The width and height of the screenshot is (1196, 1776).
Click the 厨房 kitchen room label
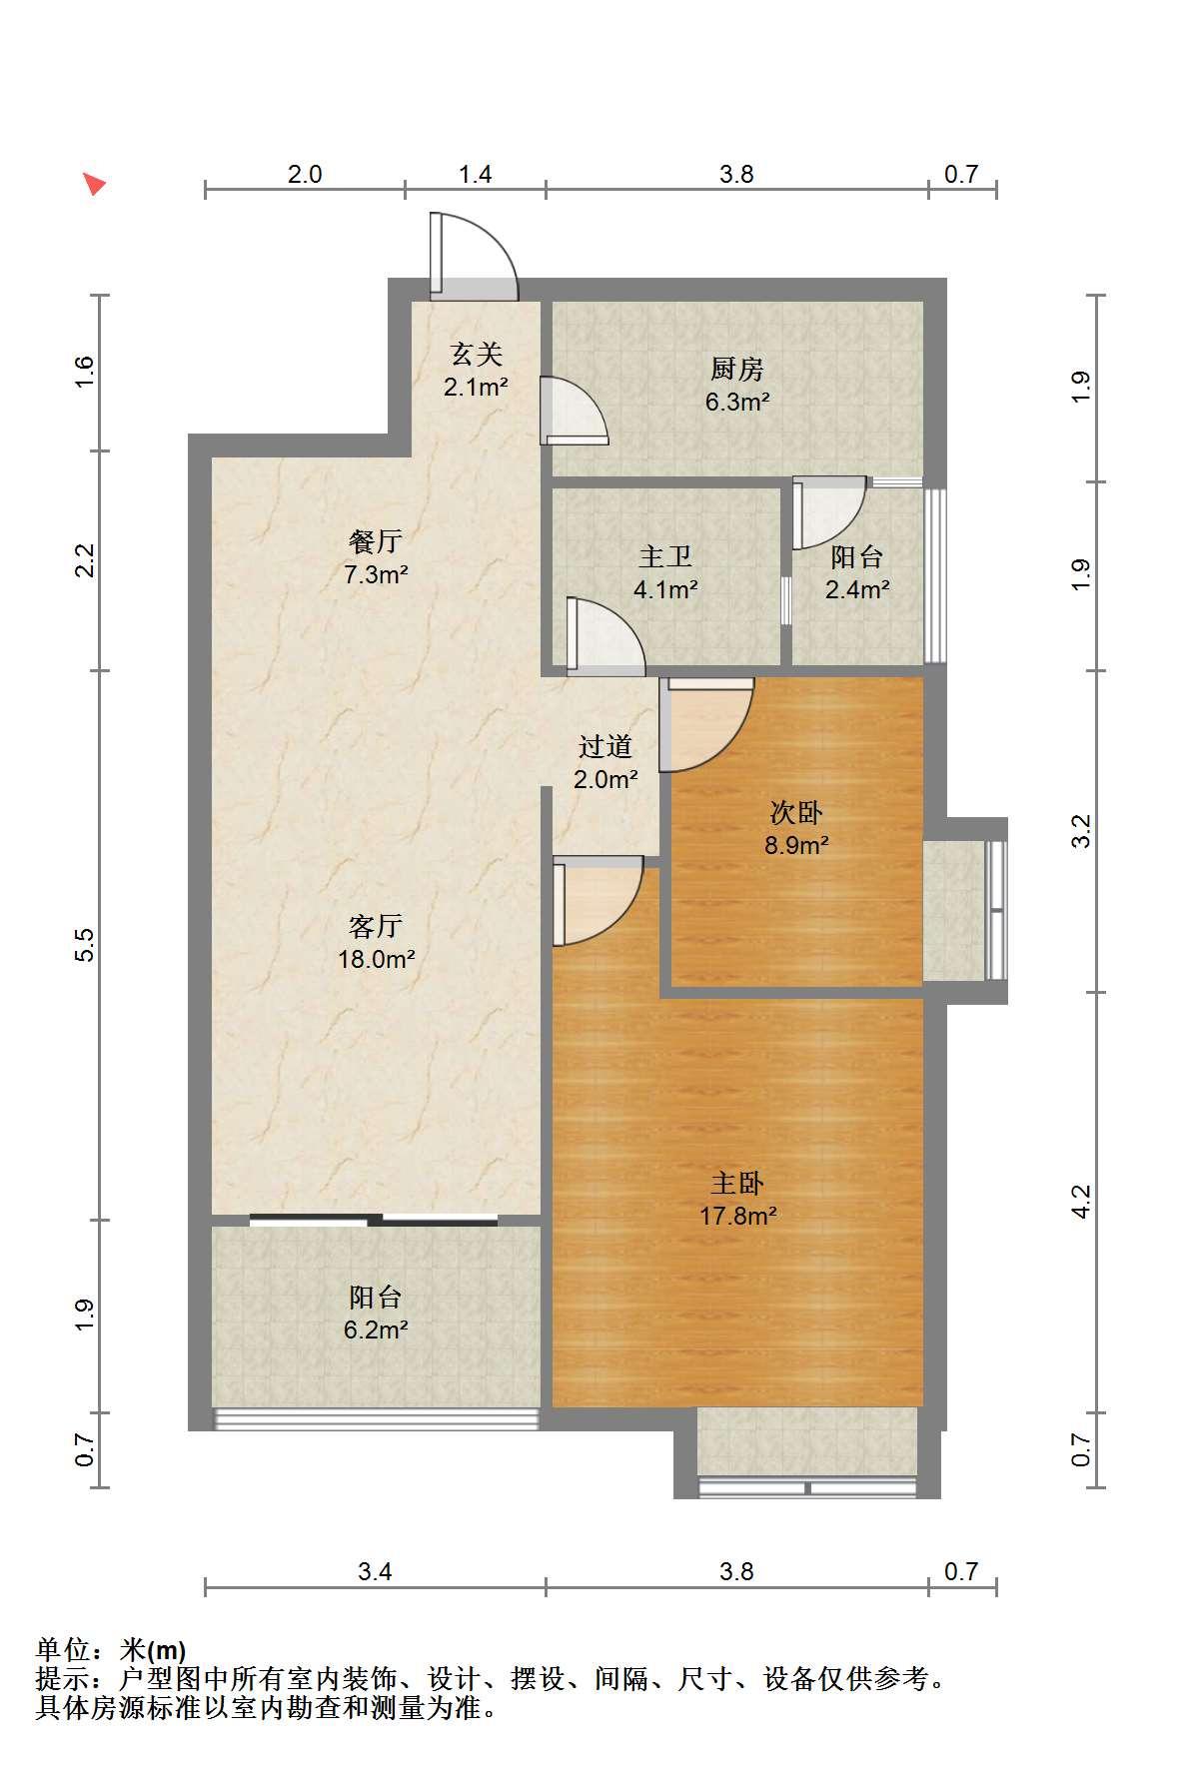(737, 370)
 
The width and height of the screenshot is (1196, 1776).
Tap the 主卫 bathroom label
(665, 557)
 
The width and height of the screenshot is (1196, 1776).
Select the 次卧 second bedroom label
(796, 813)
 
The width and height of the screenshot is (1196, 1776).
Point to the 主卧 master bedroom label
(737, 1184)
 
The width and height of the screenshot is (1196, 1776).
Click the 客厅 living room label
(376, 927)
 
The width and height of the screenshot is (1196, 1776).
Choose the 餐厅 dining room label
(376, 541)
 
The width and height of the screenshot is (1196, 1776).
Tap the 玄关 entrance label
(476, 354)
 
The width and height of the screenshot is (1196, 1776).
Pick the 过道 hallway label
(605, 746)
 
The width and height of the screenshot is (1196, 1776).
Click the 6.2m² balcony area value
(376, 1330)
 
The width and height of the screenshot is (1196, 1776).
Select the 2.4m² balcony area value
(857, 589)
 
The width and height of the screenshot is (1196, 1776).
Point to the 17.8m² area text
(737, 1216)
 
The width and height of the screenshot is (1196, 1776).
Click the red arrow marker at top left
(94, 183)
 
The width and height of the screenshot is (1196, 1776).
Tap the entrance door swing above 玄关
(474, 256)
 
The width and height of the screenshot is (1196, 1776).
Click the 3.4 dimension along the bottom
(375, 1571)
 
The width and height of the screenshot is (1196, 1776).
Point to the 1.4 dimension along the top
(476, 174)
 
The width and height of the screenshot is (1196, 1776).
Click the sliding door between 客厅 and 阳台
(374, 1219)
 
